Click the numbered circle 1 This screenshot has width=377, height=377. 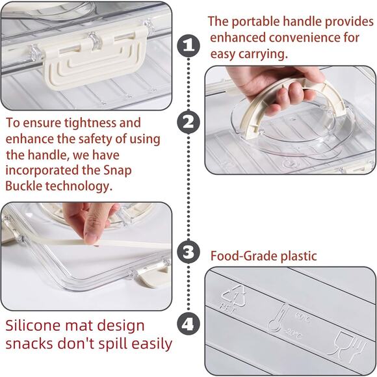tap(189, 45)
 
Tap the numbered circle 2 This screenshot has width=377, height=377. tap(189, 121)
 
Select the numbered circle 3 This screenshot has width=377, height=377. tap(189, 251)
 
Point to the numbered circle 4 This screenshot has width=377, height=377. tap(189, 323)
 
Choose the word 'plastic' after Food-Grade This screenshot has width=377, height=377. tap(298, 256)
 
